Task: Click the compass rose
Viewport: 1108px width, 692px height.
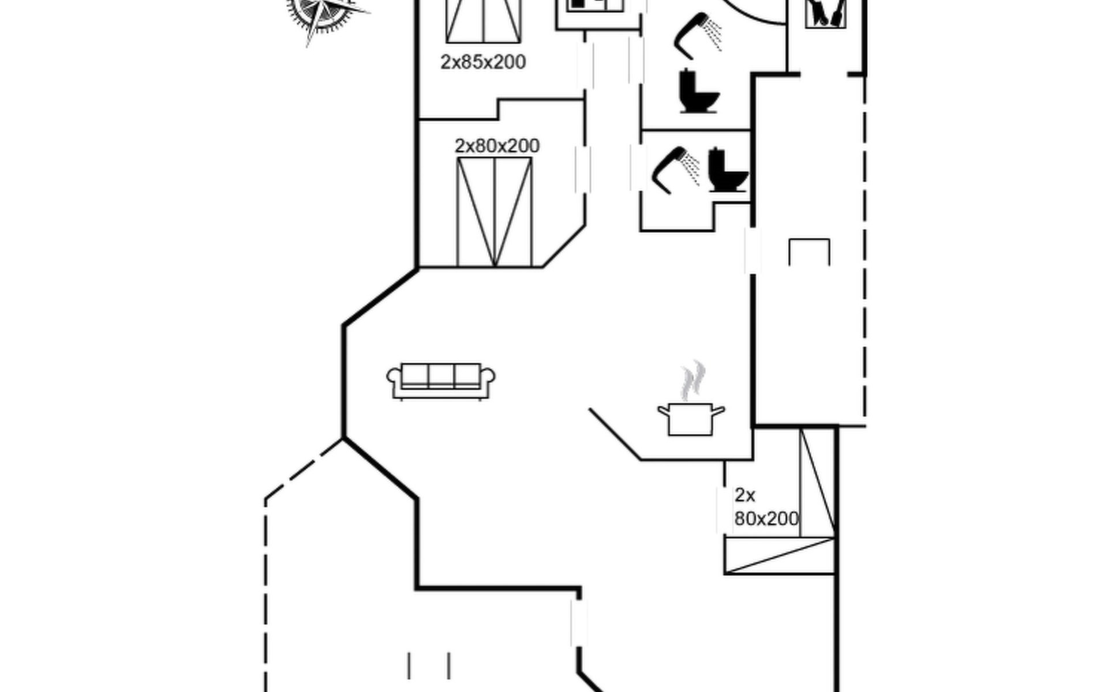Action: (323, 13)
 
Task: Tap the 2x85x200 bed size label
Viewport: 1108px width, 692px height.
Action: (483, 62)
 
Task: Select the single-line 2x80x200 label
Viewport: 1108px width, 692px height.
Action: (497, 146)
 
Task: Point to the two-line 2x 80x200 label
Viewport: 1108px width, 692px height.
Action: (765, 507)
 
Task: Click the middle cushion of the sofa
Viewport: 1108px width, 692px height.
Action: (441, 375)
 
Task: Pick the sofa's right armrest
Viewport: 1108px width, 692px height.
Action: (488, 378)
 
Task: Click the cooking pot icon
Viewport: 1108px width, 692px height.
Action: (691, 419)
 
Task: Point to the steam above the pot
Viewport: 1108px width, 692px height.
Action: (692, 381)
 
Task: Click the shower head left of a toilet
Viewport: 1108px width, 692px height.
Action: (674, 168)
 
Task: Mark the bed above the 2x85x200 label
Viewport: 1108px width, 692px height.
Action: (484, 21)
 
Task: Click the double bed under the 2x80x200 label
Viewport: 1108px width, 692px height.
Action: (495, 212)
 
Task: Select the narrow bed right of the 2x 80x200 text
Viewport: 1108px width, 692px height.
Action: (817, 483)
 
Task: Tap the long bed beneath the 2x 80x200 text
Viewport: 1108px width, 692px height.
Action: (779, 555)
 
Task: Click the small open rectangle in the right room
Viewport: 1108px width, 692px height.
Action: (809, 251)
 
